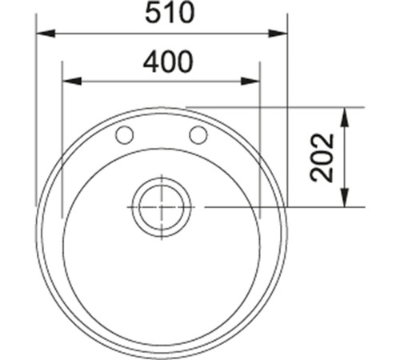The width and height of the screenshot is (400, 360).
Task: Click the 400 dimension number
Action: (x=167, y=62)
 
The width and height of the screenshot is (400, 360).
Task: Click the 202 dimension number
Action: (x=322, y=157)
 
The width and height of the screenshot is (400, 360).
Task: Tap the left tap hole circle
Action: (x=124, y=135)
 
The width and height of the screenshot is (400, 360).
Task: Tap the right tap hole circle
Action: (x=198, y=135)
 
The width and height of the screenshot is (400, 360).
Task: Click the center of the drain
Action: (x=162, y=206)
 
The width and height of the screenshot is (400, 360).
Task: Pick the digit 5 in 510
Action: (x=150, y=14)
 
